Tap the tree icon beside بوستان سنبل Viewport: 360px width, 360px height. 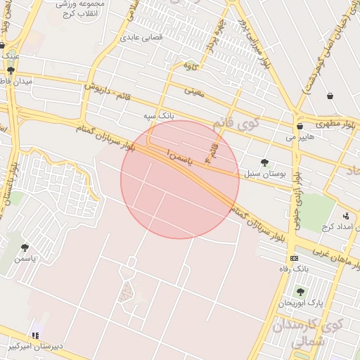pos(264,163)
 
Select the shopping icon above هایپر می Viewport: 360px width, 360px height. pos(300,127)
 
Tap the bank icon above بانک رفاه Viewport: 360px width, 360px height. pos(294,258)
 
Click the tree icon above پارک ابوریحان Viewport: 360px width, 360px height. pos(300,292)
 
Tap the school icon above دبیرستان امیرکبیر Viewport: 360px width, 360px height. pos(35,335)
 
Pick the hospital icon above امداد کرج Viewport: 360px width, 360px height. pos(345,216)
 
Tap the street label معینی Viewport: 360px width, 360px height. pos(193,91)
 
